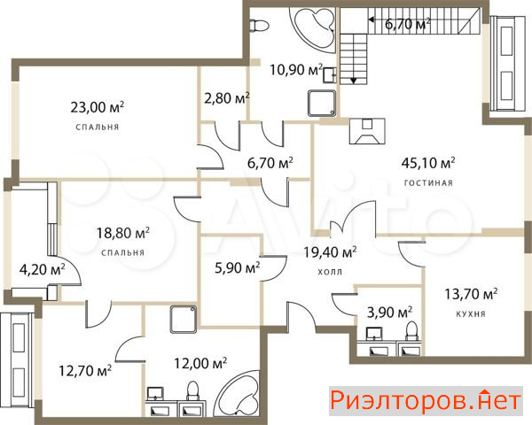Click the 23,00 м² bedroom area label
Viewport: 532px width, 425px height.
[97, 107]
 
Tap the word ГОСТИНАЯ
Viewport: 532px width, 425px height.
[428, 183]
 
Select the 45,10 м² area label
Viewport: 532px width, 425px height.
[428, 163]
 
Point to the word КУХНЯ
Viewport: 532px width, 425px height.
[471, 313]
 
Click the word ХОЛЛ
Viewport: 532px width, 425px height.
[330, 272]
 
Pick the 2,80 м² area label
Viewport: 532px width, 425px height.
[227, 98]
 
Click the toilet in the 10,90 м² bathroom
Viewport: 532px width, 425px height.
[259, 26]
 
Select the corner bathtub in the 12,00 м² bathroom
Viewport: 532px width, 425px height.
[239, 393]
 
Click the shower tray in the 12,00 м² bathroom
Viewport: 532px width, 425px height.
[184, 320]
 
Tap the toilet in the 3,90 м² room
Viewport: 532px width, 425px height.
[412, 331]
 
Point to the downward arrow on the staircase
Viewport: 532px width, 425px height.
[353, 80]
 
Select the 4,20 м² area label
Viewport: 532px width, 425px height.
[42, 269]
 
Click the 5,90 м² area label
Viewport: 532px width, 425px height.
[238, 267]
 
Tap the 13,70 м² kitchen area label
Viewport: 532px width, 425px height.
[471, 293]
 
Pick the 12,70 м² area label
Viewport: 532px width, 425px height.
[85, 370]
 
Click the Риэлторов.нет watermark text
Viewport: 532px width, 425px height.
[426, 400]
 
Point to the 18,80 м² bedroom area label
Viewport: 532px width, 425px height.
[123, 233]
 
